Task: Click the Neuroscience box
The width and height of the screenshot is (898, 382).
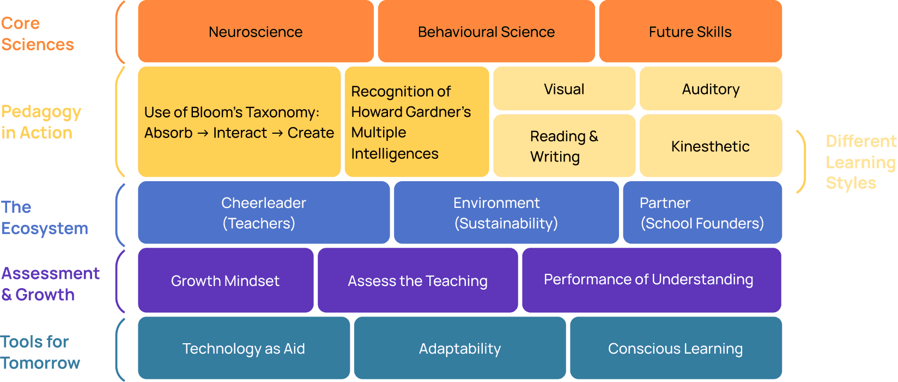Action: coord(256,32)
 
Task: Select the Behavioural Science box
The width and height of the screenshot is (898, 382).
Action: coord(486,32)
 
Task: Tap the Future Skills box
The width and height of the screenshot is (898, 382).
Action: coord(690,32)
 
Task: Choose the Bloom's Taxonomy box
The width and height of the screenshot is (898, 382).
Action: coord(239,122)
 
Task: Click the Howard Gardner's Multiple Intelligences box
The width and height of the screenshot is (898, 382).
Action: coord(416,122)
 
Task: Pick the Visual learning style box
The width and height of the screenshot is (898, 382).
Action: coord(564,89)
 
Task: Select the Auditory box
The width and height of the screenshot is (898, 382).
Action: coord(711,89)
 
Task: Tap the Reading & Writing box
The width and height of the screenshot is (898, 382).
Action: coord(564,146)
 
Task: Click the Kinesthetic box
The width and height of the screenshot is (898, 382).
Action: coord(711,146)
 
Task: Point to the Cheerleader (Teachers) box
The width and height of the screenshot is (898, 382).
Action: coord(264,213)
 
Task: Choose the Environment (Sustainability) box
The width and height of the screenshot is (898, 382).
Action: coord(506,213)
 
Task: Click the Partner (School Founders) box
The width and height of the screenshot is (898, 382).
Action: coord(702,213)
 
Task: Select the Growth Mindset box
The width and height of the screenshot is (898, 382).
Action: coord(225,280)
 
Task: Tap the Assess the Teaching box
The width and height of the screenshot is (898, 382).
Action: coord(417,280)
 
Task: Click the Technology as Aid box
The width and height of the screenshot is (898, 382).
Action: coord(244,348)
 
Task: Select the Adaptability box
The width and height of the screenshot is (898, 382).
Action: coord(459,348)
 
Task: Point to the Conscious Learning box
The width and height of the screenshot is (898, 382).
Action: coord(675,348)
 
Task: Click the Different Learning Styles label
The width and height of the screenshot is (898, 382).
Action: coord(860,162)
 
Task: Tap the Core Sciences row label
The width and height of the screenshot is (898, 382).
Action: coord(37,34)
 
